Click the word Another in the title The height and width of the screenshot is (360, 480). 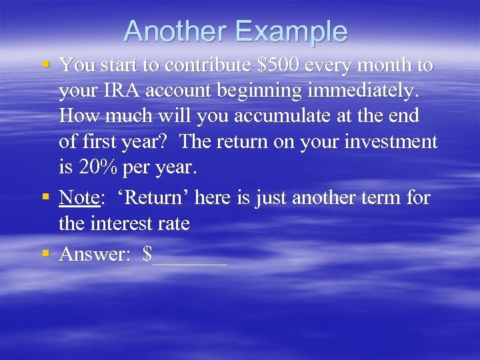175,32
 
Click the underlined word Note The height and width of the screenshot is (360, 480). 80,198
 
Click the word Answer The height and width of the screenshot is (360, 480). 93,254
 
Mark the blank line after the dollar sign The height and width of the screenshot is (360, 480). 190,257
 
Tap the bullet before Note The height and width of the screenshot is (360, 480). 45,198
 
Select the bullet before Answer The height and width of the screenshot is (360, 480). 45,254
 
